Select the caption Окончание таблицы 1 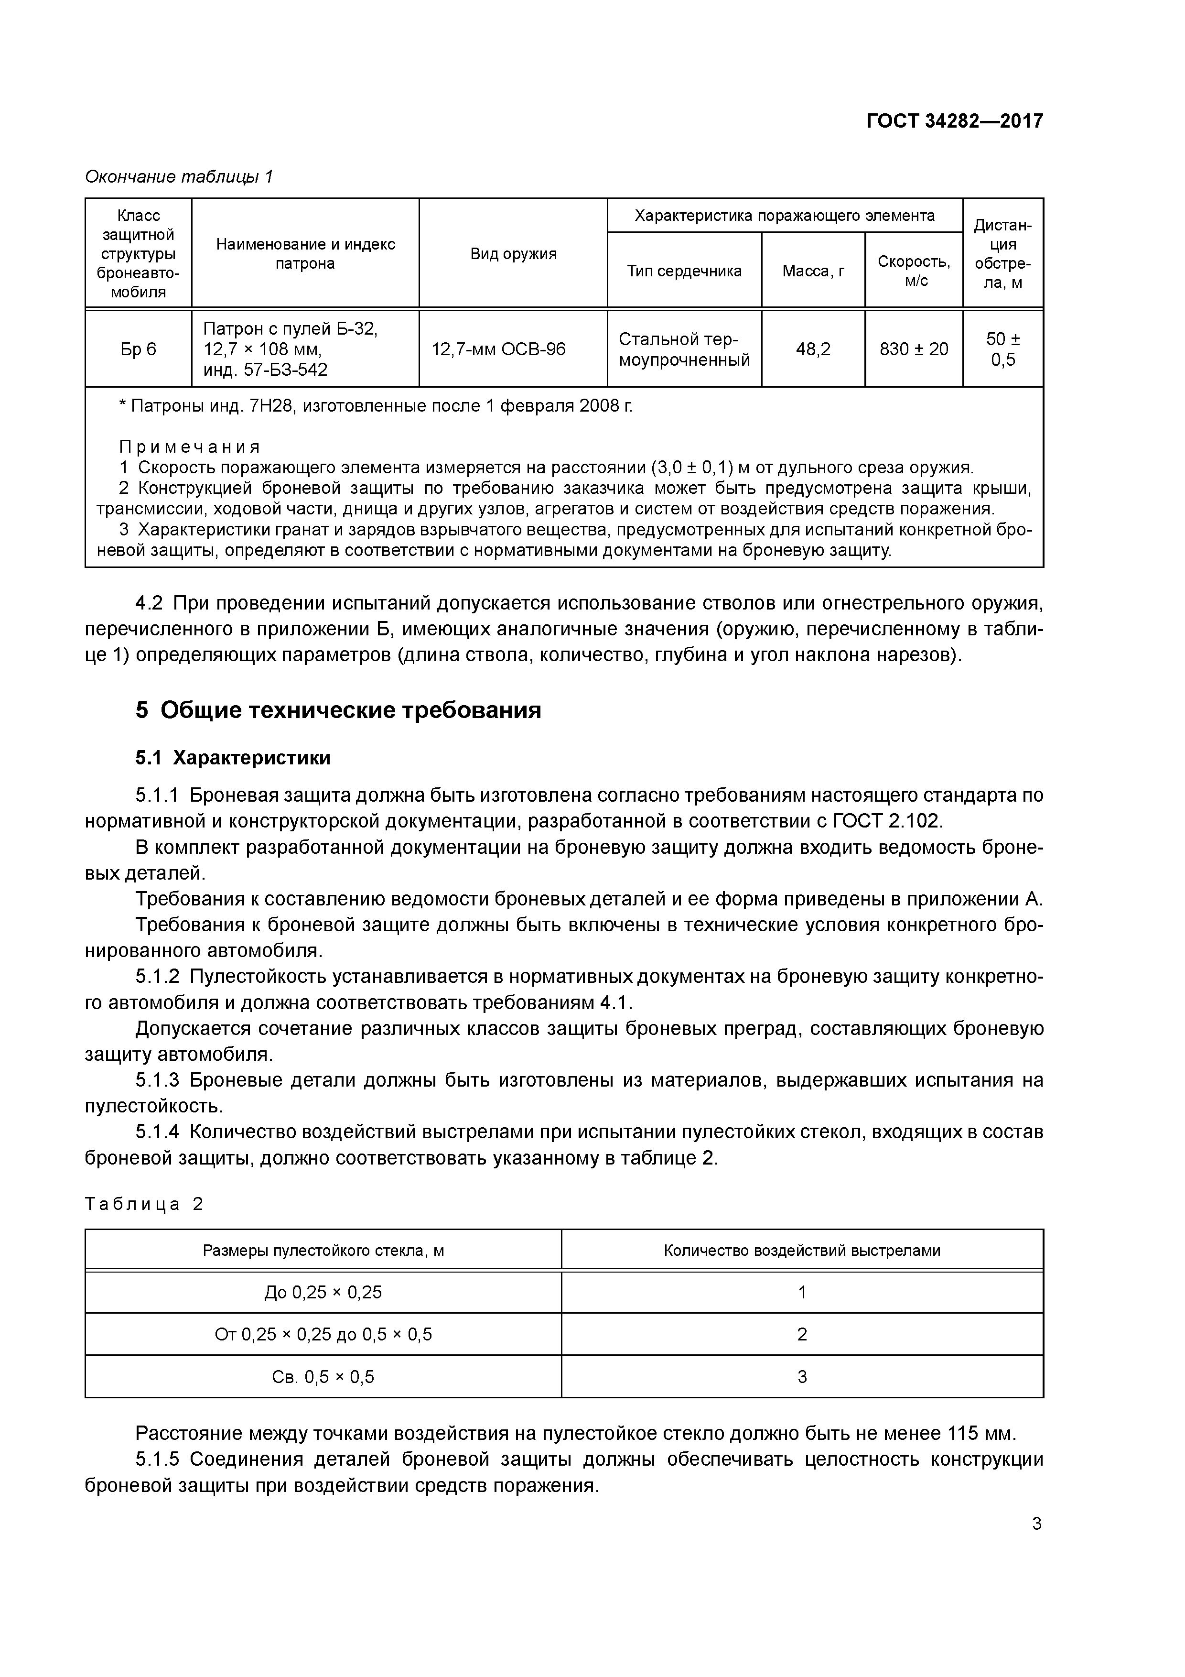pos(179,177)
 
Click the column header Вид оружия pos(513,253)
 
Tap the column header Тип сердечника pos(684,271)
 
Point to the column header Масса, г pos(813,271)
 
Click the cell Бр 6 pos(138,349)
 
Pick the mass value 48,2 pos(813,349)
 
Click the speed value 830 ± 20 pos(914,349)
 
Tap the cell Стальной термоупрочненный pos(684,349)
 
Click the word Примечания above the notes pos(189,446)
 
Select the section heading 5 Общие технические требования pos(338,710)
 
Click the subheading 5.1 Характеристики pos(232,758)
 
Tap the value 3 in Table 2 pos(802,1377)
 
